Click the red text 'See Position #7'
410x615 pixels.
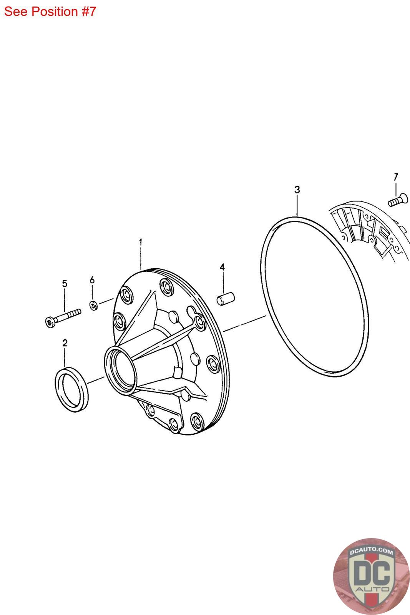click(50, 12)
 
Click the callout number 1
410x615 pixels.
click(141, 242)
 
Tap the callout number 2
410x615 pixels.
click(65, 343)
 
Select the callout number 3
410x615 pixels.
click(297, 190)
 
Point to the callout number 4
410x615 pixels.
click(222, 267)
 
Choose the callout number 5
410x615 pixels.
click(65, 284)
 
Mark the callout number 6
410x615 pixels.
click(92, 280)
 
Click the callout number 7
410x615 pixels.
click(396, 177)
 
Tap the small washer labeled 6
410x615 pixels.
click(94, 305)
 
